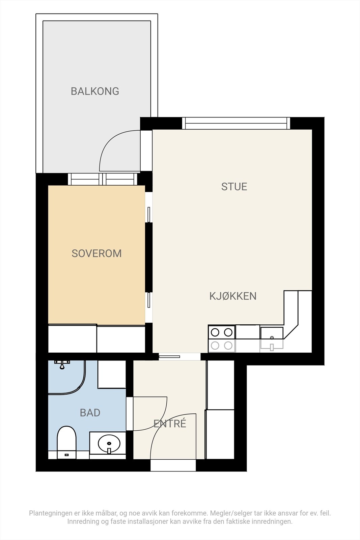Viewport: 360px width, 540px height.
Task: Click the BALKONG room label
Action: coord(95,91)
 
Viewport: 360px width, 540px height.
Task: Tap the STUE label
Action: coord(234,187)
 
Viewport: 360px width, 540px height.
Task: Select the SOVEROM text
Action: coord(96,253)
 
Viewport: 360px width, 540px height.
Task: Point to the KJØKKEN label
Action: coord(233,296)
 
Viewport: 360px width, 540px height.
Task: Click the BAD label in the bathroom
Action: coord(90,413)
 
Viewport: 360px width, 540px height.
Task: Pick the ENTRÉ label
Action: coord(170,424)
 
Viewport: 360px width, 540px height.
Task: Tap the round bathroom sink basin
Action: coord(109,443)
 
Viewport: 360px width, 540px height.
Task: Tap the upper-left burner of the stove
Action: coord(215,332)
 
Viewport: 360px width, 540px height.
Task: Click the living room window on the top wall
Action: coord(236,123)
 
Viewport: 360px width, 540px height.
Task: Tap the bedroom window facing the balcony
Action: coord(103,179)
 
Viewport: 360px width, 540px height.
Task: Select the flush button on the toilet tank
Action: coord(67,455)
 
